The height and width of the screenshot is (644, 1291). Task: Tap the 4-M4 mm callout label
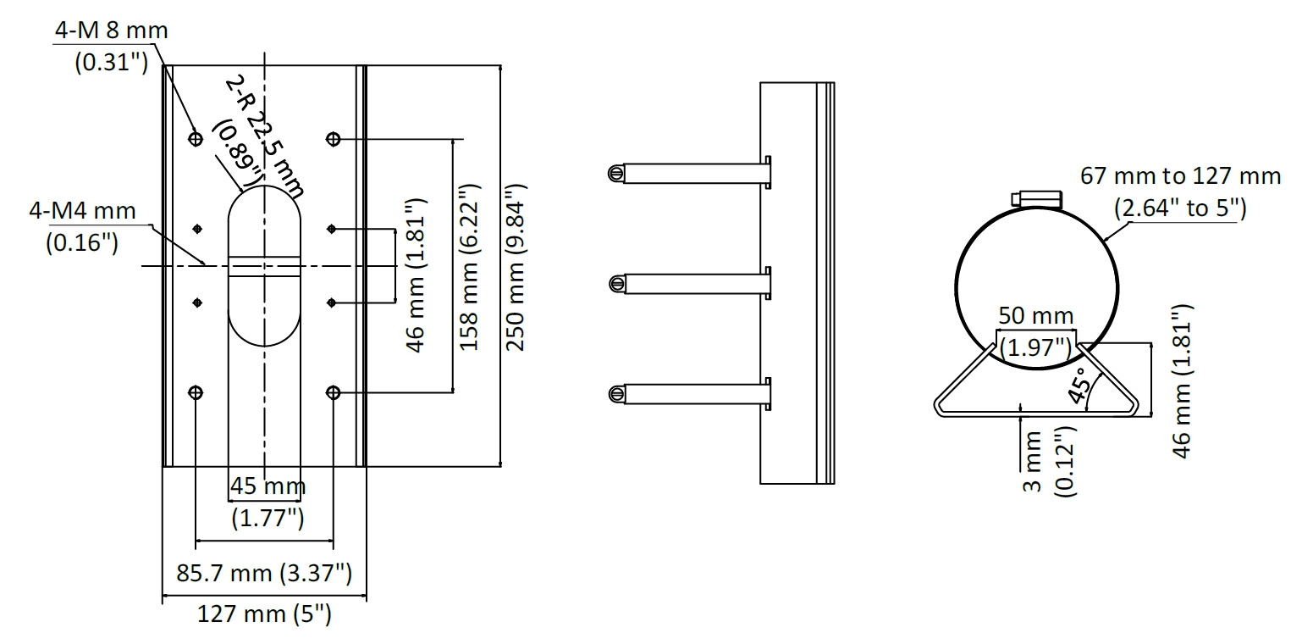82,210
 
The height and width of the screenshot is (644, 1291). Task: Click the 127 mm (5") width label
263,613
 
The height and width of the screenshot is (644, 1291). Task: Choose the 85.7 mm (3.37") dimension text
263,573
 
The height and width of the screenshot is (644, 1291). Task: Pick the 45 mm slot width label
268,486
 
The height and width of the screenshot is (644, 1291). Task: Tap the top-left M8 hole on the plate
196,138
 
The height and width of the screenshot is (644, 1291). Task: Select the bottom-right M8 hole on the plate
333,392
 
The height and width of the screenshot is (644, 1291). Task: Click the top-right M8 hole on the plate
333,138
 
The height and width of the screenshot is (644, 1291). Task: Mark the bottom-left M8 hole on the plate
196,392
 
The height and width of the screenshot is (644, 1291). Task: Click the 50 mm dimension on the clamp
1035,316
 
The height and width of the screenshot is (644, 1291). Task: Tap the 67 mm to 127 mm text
1180,177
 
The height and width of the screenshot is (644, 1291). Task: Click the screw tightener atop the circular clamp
1037,197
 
